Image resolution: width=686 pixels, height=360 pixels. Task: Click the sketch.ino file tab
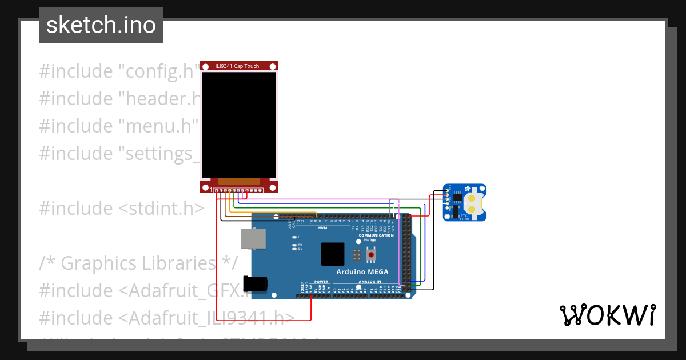point(101,25)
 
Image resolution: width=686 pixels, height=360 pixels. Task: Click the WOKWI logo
point(607,315)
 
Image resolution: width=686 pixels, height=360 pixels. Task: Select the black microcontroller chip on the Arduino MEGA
point(333,254)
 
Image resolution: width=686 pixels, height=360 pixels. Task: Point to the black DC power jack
point(255,284)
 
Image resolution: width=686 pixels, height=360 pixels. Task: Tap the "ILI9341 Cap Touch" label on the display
point(237,66)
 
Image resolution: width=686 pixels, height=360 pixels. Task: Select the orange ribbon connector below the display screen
point(238,181)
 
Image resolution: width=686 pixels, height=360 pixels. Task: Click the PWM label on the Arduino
point(322,228)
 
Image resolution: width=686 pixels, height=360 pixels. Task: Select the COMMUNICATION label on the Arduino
point(376,235)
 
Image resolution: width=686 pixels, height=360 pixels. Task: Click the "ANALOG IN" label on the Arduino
point(370,282)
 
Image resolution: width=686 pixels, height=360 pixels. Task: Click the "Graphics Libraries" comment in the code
point(138,263)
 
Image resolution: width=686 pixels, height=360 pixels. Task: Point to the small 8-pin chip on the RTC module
point(457,197)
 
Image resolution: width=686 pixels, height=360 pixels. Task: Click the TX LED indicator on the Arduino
point(294,245)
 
